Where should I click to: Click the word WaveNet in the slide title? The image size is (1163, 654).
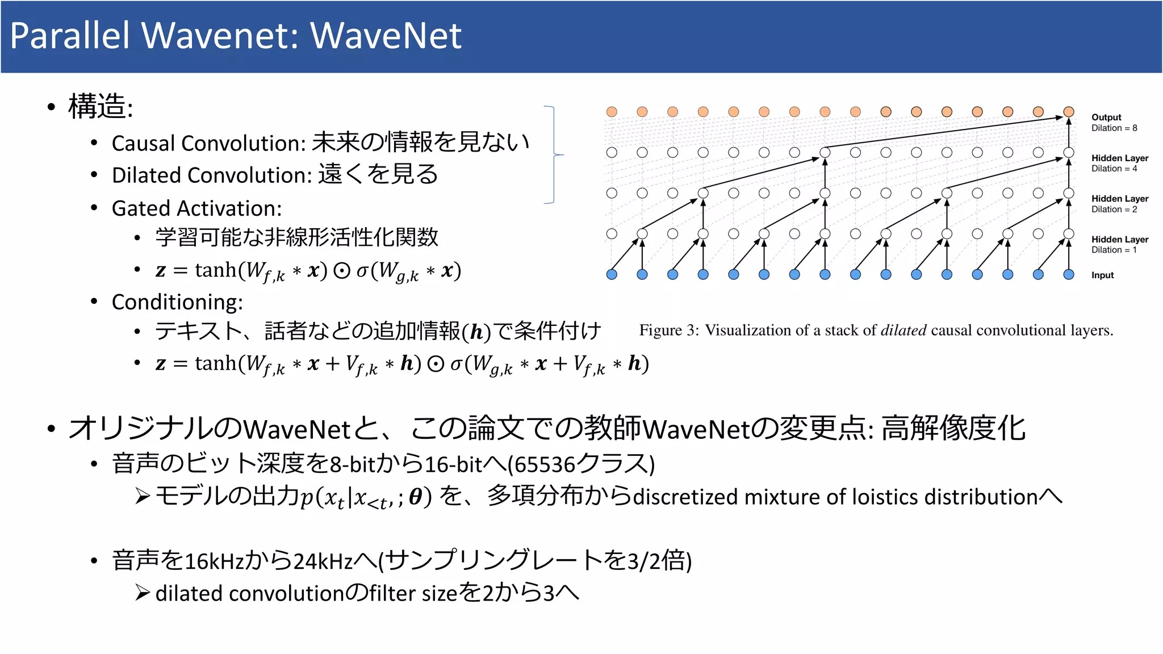[x=386, y=36]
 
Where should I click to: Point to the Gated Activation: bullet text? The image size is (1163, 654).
[x=196, y=208]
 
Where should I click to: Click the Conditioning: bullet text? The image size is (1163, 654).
[x=177, y=302]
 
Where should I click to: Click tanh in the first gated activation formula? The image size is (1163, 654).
[x=215, y=270]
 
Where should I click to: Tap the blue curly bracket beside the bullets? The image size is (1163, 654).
[x=554, y=154]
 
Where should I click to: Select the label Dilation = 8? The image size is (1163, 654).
[x=1114, y=128]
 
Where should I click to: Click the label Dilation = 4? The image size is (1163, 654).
[x=1114, y=169]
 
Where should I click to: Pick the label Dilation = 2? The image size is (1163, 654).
[x=1114, y=209]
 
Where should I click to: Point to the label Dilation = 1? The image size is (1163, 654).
[x=1114, y=250]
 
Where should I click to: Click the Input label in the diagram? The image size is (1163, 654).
[x=1102, y=275]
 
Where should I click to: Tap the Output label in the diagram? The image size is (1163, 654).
[x=1106, y=117]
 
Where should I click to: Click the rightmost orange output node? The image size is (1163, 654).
[x=1069, y=112]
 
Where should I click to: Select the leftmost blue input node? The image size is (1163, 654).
[x=612, y=275]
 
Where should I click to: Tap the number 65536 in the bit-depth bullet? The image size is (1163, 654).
[x=545, y=465]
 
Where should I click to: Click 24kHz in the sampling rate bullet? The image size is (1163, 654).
[x=323, y=561]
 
